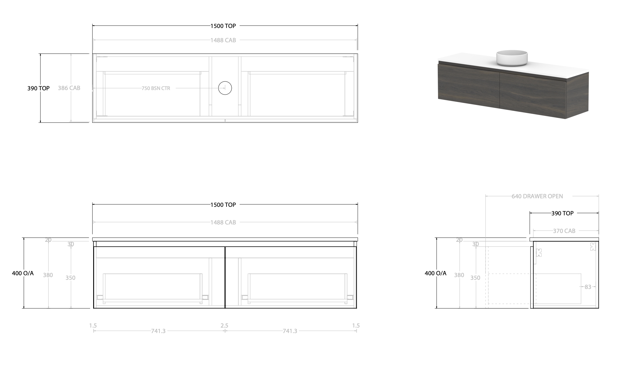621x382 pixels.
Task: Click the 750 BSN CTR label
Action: coord(156,88)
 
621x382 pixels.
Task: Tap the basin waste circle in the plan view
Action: coord(225,88)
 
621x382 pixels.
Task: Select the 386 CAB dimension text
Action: coord(69,88)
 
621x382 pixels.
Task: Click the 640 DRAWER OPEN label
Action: coord(537,196)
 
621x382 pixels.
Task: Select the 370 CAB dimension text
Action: coord(564,231)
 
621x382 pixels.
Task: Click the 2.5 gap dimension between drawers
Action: coord(224,325)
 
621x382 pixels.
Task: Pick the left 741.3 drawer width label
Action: coord(158,331)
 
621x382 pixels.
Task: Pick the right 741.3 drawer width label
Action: coord(290,331)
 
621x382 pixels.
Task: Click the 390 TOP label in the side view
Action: coord(562,213)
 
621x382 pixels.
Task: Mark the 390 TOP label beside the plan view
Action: coord(38,89)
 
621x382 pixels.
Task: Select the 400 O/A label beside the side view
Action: coord(435,273)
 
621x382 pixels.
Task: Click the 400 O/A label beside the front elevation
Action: coord(23,273)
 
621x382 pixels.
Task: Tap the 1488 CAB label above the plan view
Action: coord(223,40)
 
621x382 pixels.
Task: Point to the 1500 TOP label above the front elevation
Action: coord(223,205)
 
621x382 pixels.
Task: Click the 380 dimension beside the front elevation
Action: coord(48,275)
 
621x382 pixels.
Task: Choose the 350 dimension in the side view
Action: coord(475,278)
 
